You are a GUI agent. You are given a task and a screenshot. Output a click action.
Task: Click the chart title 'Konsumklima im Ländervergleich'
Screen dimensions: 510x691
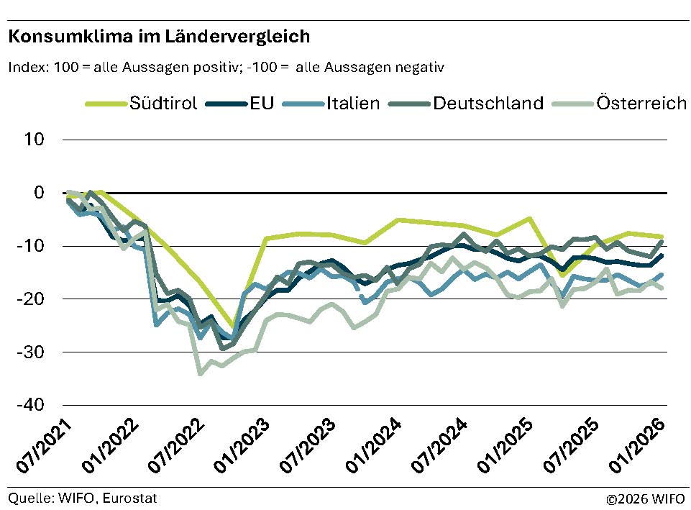tap(159, 35)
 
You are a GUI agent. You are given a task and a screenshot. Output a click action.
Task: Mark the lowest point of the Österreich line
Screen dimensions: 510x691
tap(201, 373)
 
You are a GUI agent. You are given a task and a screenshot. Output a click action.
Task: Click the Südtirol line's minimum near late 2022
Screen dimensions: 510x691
tap(232, 327)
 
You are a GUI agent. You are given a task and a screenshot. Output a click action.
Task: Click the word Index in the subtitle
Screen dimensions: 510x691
tap(28, 68)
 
